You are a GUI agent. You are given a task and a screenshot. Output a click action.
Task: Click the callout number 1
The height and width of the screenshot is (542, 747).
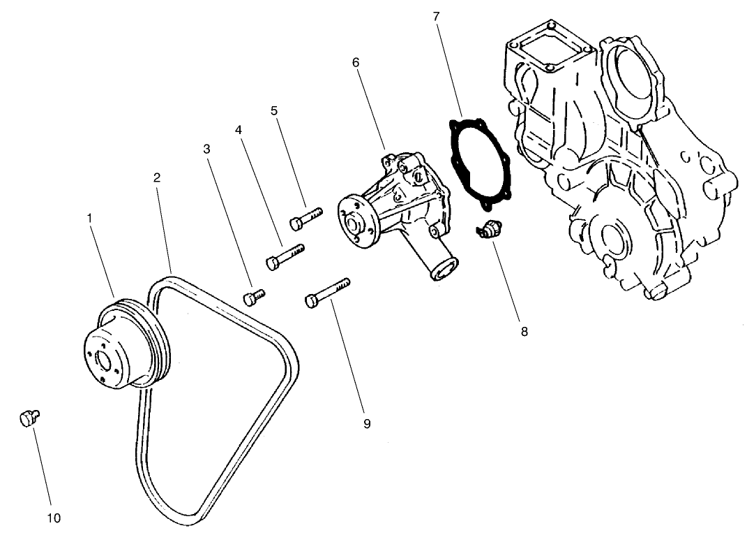[90, 218]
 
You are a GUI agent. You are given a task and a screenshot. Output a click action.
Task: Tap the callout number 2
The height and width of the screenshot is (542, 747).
[158, 178]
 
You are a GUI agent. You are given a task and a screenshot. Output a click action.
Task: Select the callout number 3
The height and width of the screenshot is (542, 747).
[206, 149]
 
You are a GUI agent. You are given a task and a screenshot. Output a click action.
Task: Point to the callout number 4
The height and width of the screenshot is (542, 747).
[239, 131]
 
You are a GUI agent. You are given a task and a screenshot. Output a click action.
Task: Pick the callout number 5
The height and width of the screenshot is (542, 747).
[274, 110]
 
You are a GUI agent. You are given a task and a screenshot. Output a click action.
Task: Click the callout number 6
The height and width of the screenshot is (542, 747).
[356, 63]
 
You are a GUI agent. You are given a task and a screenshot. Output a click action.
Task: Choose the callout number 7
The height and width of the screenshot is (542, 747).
[436, 15]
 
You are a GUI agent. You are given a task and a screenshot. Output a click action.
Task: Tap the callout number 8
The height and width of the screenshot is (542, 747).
[524, 332]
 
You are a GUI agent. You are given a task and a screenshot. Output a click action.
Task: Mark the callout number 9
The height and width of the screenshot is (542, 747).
[367, 423]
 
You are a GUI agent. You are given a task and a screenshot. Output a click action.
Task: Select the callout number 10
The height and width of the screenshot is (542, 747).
[54, 518]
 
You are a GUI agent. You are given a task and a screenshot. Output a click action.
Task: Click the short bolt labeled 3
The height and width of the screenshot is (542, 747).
[253, 297]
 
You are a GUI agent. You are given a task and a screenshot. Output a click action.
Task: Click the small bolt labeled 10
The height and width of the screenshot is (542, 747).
[29, 418]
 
